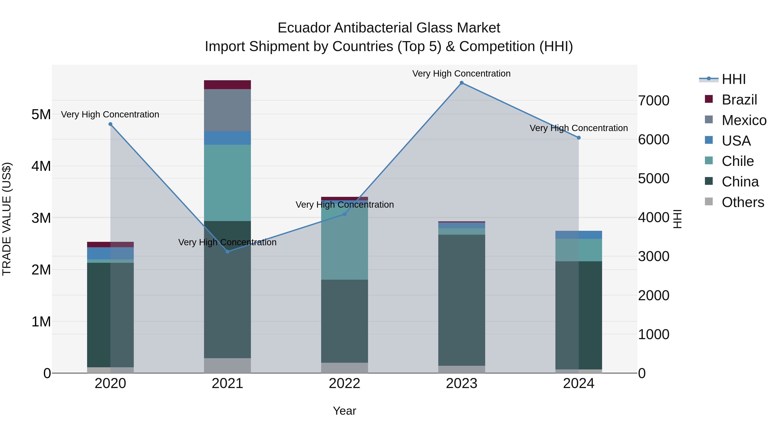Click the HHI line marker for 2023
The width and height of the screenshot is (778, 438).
pyautogui.click(x=461, y=83)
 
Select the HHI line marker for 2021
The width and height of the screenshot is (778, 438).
pyautogui.click(x=227, y=252)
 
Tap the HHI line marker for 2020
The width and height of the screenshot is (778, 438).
pyautogui.click(x=110, y=124)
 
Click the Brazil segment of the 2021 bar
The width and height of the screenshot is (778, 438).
pyautogui.click(x=227, y=85)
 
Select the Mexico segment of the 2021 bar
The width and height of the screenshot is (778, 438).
pyautogui.click(x=227, y=110)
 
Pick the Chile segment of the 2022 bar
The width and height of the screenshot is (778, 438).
pyautogui.click(x=344, y=242)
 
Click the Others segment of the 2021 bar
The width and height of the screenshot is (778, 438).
pyautogui.click(x=227, y=366)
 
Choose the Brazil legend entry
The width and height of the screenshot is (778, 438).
pyautogui.click(x=739, y=100)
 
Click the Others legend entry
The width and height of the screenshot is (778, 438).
pyautogui.click(x=743, y=202)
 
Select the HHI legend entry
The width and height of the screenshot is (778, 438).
pyautogui.click(x=733, y=79)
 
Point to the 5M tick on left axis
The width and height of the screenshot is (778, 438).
pyautogui.click(x=41, y=115)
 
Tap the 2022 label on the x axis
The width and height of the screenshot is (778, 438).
pyautogui.click(x=344, y=383)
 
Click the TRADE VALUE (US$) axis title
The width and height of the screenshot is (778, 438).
pyautogui.click(x=7, y=219)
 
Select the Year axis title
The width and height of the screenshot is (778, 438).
pyautogui.click(x=344, y=411)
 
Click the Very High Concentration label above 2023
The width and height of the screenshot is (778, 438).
pyautogui.click(x=461, y=74)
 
